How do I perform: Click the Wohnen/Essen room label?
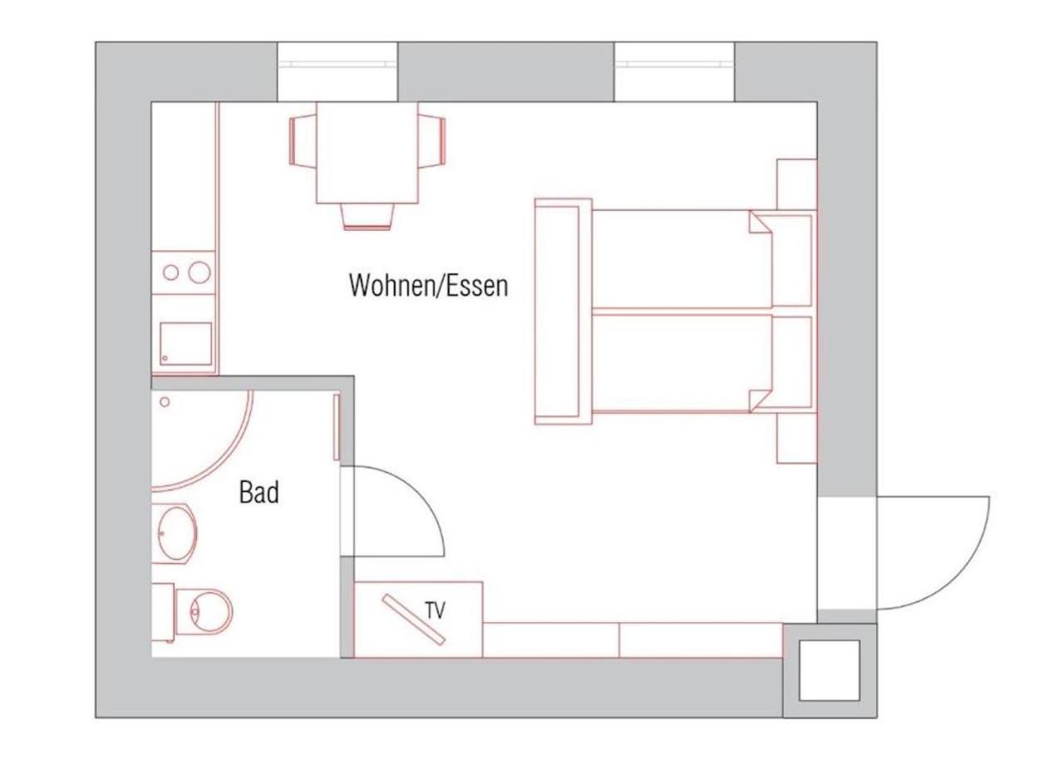click(x=429, y=286)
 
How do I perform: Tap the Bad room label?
click(x=258, y=493)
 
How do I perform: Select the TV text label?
click(x=436, y=611)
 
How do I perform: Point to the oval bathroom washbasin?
click(x=177, y=533)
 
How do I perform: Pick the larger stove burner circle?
click(x=199, y=273)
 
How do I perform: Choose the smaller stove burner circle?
click(x=171, y=273)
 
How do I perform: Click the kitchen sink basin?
click(x=185, y=344)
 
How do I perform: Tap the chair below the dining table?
click(x=367, y=217)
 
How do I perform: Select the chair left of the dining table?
click(x=303, y=141)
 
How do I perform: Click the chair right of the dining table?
click(x=432, y=141)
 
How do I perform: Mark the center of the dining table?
click(x=367, y=153)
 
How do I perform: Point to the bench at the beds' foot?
click(x=563, y=312)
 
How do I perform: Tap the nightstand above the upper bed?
click(x=797, y=184)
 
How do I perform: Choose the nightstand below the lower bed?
click(x=797, y=438)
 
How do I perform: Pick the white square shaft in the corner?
click(x=829, y=670)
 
